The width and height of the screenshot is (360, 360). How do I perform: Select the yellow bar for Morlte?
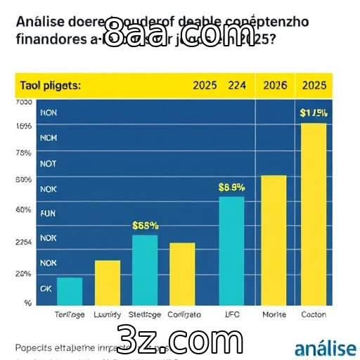point(274,239)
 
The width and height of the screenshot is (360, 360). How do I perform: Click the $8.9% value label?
point(231,187)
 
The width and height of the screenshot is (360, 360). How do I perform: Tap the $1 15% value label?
point(314,112)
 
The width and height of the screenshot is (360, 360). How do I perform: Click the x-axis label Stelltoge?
point(145,314)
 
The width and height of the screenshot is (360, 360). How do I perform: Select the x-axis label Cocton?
point(314,314)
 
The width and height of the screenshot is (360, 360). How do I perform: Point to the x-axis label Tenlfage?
point(70,314)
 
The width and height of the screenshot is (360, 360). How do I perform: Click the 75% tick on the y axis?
point(23,153)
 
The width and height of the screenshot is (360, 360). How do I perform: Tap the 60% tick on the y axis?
point(23,210)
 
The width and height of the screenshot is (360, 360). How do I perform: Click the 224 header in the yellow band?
point(237,85)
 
